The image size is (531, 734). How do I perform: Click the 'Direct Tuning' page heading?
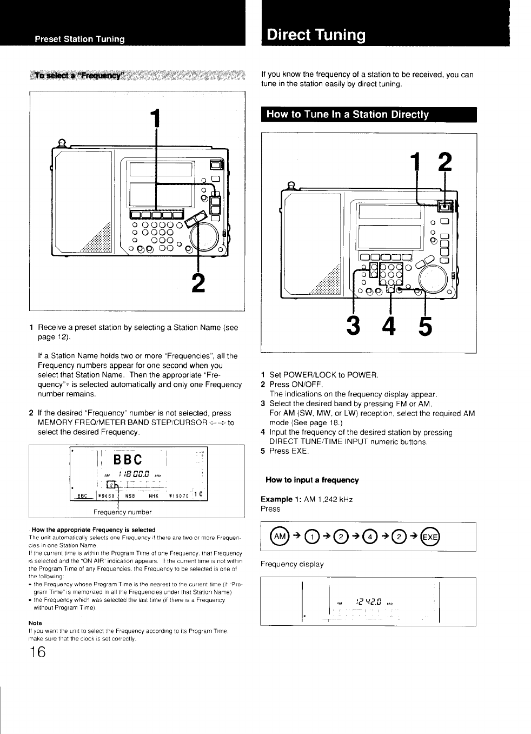tap(317, 35)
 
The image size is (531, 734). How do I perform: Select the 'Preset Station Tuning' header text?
tap(79, 39)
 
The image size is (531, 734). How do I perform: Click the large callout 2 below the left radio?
tap(199, 285)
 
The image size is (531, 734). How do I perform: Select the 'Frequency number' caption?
tap(123, 512)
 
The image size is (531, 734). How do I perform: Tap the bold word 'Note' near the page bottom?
tap(35, 623)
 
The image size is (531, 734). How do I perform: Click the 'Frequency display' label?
tap(292, 564)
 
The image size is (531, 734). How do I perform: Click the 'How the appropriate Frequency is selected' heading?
tap(94, 529)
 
